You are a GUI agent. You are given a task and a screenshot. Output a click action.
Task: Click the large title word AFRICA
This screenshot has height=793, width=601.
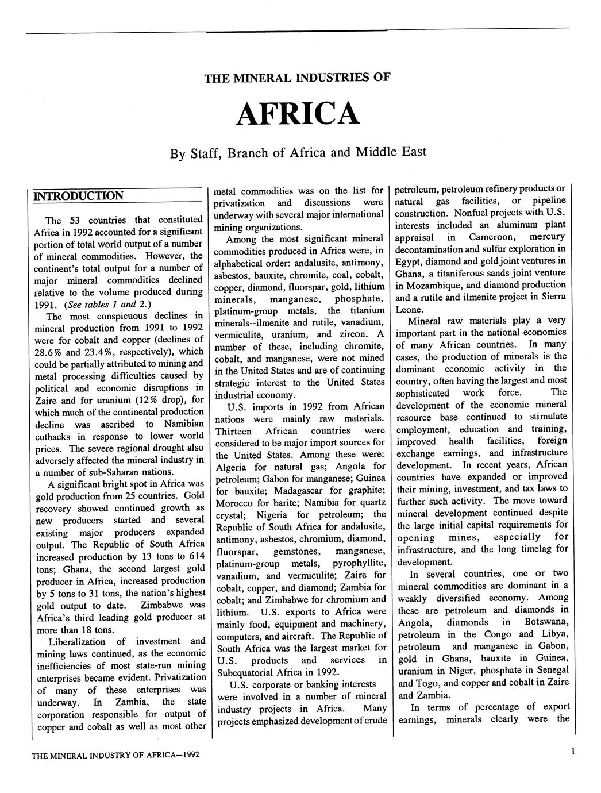click(298, 114)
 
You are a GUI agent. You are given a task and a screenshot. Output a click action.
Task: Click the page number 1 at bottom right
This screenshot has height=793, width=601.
click(573, 751)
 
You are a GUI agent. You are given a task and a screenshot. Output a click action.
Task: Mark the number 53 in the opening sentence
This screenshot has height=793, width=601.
click(75, 220)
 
